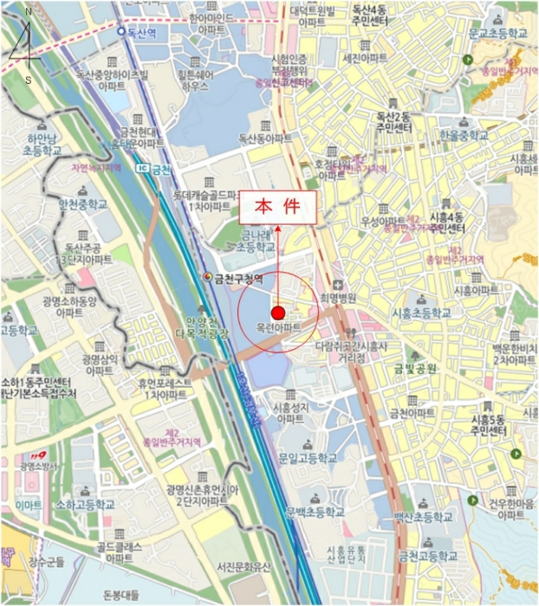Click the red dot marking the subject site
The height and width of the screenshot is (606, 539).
pyautogui.click(x=277, y=313)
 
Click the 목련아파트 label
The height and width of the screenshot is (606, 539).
pyautogui.click(x=278, y=328)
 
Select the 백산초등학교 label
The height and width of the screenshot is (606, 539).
pyautogui.click(x=423, y=517)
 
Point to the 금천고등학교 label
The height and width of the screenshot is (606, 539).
pyautogui.click(x=426, y=555)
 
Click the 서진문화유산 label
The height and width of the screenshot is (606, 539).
pyautogui.click(x=244, y=568)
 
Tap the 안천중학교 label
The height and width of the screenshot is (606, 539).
pyautogui.click(x=83, y=205)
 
